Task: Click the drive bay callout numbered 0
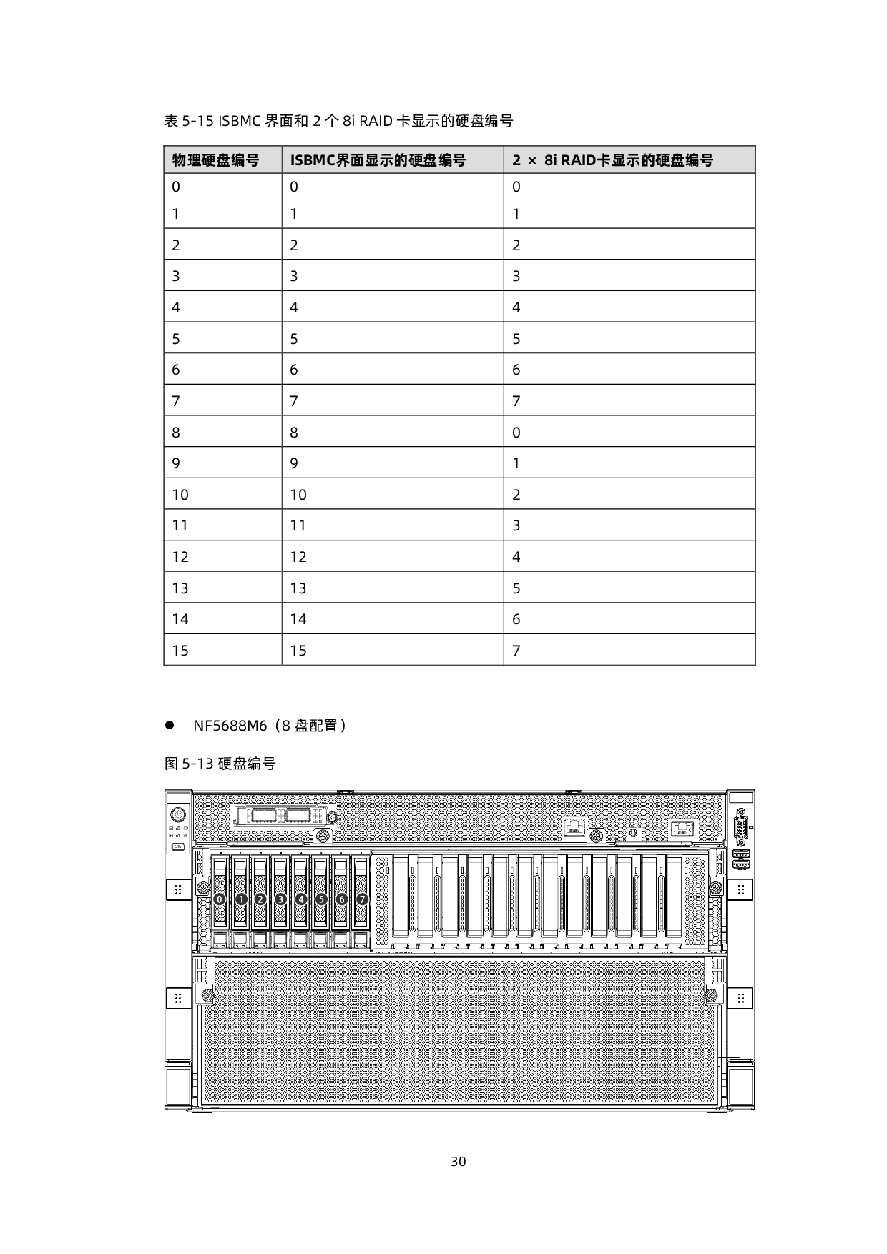tap(220, 899)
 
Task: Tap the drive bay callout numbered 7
tap(362, 899)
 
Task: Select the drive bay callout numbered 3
tap(280, 899)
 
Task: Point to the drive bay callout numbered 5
tap(321, 899)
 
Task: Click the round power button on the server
tap(178, 814)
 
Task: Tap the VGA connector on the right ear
tap(741, 827)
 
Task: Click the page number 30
tap(459, 1161)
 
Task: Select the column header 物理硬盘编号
tap(215, 160)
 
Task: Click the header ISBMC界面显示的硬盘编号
tap(378, 160)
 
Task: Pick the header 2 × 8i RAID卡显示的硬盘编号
tap(613, 160)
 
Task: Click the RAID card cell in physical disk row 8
tap(516, 433)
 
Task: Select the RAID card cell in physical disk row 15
tap(516, 651)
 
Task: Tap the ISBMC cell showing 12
tap(298, 557)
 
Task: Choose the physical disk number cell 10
tap(180, 495)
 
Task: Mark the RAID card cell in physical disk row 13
tap(516, 588)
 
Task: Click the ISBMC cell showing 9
tap(294, 463)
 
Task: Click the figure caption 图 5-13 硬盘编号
tap(220, 764)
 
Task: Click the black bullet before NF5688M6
tap(170, 725)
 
